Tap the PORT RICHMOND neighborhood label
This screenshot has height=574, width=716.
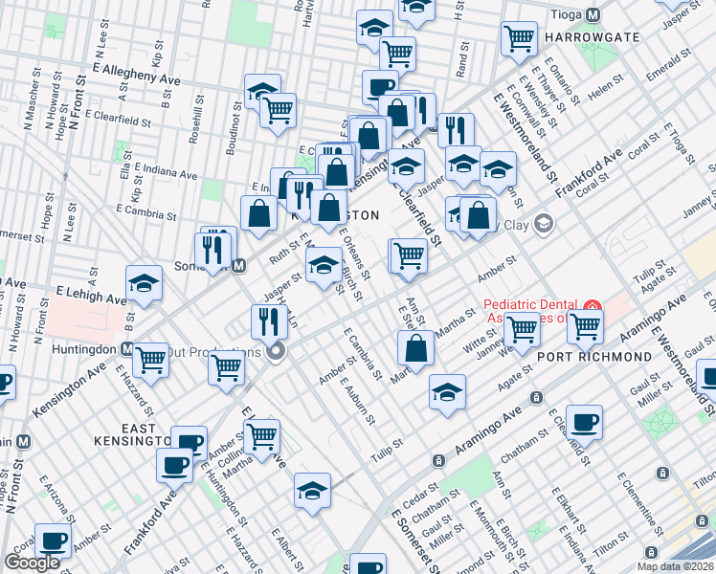pos(595,357)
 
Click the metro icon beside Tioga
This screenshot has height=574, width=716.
pos(593,15)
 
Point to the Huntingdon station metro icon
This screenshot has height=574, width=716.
pos(127,349)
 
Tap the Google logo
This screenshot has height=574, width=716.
pos(32,563)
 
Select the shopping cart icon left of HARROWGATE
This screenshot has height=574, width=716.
pos(518,38)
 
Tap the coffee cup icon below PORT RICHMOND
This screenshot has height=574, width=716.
pos(584,421)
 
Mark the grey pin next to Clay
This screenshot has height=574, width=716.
pos(544,225)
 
